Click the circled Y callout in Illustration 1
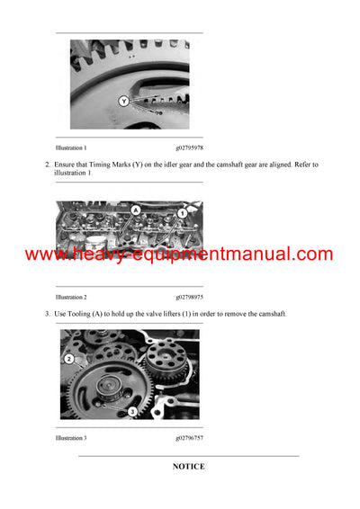124,102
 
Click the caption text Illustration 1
71,147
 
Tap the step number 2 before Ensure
48,164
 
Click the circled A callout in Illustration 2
135,210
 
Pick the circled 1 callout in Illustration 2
182,212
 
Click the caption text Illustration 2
71,296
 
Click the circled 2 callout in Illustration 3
67,359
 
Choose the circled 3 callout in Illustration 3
132,410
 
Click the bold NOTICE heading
189,467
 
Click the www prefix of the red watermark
45,255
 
